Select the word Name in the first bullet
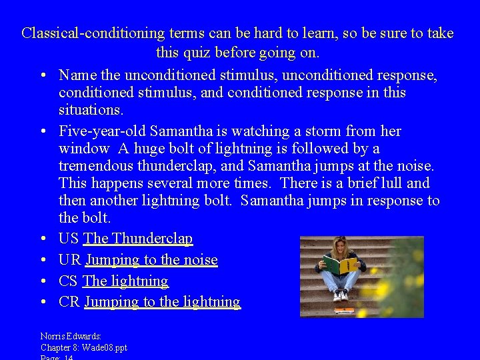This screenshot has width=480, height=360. [x=79, y=75]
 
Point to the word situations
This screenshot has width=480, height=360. [x=91, y=110]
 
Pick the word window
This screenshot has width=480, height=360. [x=84, y=149]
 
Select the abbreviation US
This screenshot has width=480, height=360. [x=69, y=239]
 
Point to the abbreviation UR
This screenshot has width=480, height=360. [x=69, y=260]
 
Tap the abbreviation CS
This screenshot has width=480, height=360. [x=69, y=281]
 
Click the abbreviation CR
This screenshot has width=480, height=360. [x=69, y=302]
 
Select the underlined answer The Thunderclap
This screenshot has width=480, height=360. [x=138, y=239]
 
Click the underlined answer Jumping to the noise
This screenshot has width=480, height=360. [x=151, y=260]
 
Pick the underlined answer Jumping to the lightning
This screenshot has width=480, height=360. [x=162, y=302]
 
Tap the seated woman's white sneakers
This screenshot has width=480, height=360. [x=340, y=295]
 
